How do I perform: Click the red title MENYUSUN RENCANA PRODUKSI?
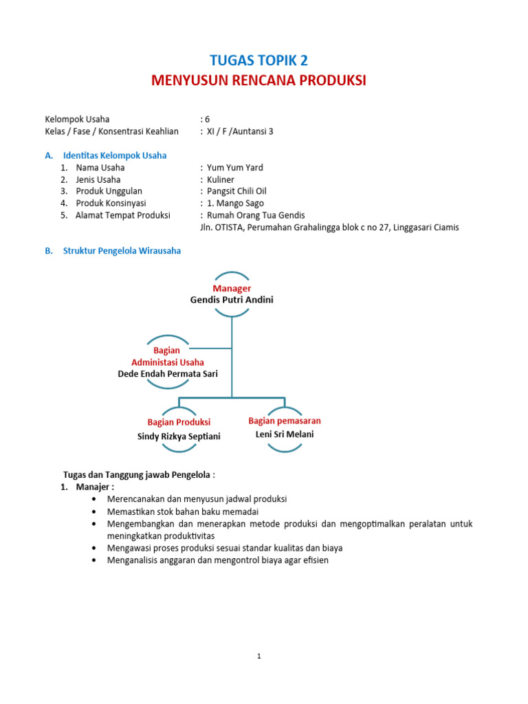tap(259, 80)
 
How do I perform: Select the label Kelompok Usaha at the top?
tap(77, 119)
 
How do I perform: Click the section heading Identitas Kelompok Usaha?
tap(115, 155)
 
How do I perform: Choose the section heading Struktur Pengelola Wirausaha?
tap(122, 251)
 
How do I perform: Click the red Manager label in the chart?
tap(232, 288)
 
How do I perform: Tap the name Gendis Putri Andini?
tap(232, 300)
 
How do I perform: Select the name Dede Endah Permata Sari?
tap(167, 374)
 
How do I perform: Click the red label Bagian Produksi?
tap(179, 422)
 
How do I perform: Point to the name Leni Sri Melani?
tap(285, 434)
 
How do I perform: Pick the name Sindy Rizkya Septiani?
tap(179, 436)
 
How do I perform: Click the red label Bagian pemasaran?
tap(285, 421)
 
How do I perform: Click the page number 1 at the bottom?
tap(259, 656)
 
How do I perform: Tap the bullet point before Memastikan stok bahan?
tap(93, 511)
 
